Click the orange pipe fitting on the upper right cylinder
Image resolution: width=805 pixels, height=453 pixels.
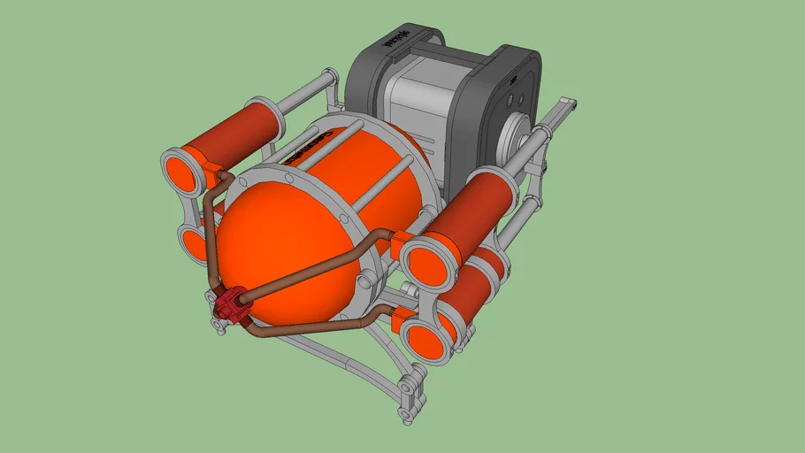click(400, 239)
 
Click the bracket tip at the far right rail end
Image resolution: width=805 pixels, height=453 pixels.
click(570, 107)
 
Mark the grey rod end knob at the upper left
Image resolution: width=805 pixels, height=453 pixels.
click(331, 78)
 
